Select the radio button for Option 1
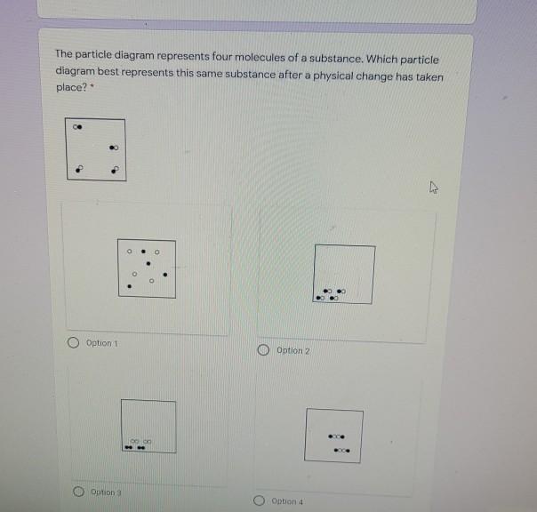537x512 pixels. [x=73, y=342]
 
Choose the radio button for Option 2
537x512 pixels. [x=263, y=349]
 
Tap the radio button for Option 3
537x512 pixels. [x=78, y=492]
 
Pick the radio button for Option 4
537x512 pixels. [x=259, y=500]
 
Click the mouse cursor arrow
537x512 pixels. [x=434, y=188]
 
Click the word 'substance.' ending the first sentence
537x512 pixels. [x=336, y=59]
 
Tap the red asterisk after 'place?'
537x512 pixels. [x=92, y=85]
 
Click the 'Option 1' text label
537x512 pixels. [x=101, y=343]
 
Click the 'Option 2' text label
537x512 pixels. [x=293, y=351]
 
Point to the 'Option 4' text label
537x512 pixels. [x=287, y=501]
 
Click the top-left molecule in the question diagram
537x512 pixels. [x=77, y=127]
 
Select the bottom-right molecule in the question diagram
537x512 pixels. [x=115, y=170]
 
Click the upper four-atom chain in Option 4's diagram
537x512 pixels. [x=336, y=436]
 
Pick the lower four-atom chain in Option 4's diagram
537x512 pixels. [x=341, y=451]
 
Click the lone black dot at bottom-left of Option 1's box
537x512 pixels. [x=129, y=286]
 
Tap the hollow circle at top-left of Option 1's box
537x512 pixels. [x=129, y=252]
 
